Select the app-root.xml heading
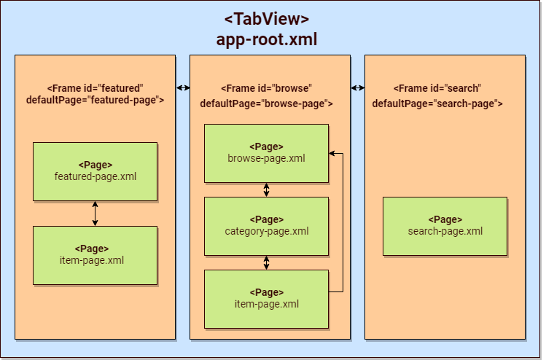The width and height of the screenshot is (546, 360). point(267,39)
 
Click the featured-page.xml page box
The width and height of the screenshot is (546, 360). point(95,171)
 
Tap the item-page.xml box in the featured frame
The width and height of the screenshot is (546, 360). point(95,255)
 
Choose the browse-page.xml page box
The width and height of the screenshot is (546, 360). point(266,153)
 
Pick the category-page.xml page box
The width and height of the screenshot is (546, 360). point(266,226)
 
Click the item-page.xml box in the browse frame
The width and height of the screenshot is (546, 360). point(266,299)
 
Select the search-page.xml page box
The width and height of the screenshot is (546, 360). point(445,226)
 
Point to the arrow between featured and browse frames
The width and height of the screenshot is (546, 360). point(182,88)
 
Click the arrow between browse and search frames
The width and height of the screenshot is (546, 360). point(357,88)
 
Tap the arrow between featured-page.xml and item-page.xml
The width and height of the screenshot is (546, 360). point(95,213)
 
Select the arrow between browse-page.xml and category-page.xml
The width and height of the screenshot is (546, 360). point(266,189)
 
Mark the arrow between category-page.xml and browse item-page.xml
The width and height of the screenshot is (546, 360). point(266,262)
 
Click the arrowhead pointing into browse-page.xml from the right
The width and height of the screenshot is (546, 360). point(332,154)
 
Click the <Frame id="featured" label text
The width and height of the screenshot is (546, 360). point(95,87)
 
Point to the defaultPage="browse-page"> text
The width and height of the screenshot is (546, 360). point(266,103)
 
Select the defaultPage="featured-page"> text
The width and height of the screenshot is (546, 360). point(95,101)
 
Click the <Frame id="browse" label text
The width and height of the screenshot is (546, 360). point(266,88)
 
